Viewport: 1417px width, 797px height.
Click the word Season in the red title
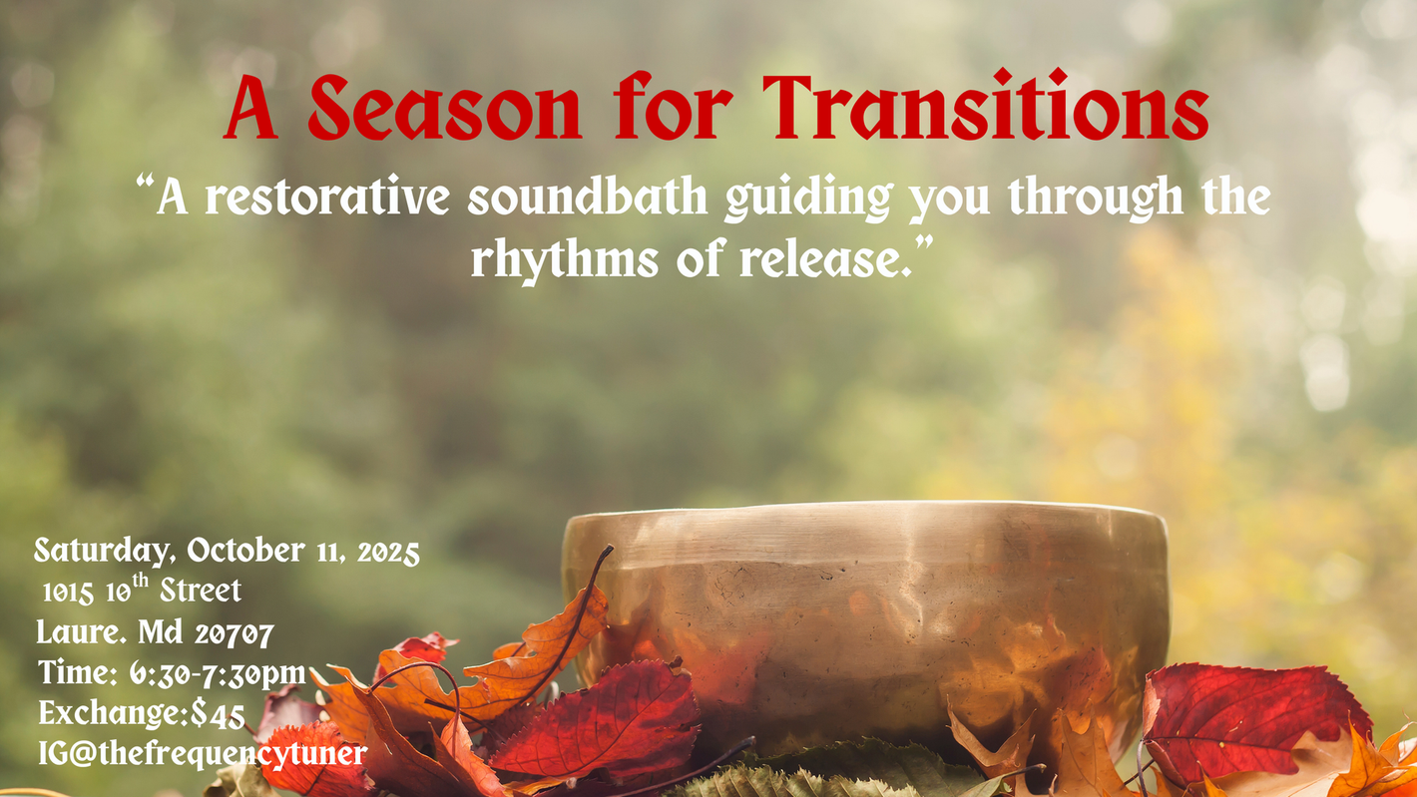coord(445,108)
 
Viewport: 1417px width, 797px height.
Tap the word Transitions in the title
coord(986,105)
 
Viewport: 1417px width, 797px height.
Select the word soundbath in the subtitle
coord(588,197)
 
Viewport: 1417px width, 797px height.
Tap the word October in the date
coord(246,550)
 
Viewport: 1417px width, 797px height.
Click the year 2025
coord(388,553)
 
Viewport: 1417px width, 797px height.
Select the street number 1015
coord(68,593)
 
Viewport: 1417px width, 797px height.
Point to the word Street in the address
coord(201,591)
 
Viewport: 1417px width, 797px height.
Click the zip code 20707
coord(235,633)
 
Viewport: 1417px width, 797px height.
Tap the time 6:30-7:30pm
coord(219,673)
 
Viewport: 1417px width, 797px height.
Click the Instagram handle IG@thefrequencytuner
coord(203,753)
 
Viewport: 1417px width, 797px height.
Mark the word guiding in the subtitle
coord(809,199)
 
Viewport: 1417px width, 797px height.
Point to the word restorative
coord(327,197)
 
